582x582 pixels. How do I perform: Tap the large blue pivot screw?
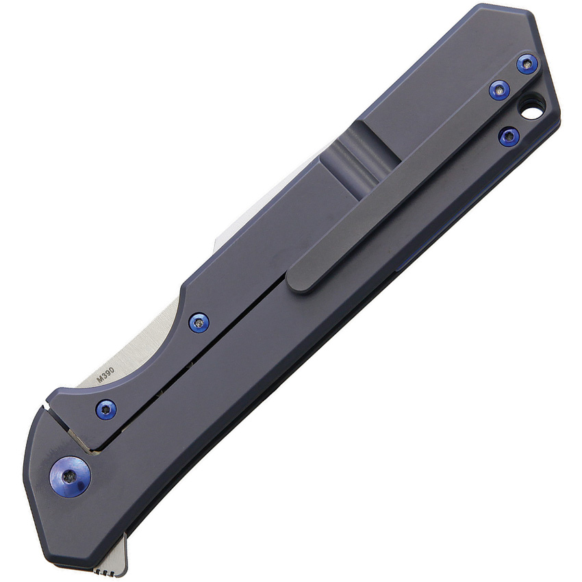point(71,476)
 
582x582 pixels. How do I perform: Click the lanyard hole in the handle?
point(532,106)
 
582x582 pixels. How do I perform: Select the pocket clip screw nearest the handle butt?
point(527,64)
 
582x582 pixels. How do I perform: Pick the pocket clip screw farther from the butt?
point(499,90)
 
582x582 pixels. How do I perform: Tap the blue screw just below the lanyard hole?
point(508,136)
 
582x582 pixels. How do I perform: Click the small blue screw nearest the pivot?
point(106,409)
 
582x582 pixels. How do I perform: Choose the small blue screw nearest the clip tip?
point(199,322)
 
